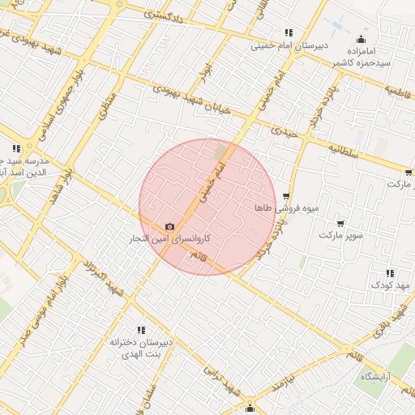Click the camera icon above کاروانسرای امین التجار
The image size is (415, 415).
(x=169, y=227)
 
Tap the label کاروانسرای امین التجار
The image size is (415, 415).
(x=169, y=239)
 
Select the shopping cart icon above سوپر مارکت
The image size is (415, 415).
(x=340, y=223)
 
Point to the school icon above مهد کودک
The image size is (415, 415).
(x=390, y=273)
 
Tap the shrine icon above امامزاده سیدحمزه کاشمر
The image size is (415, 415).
(x=361, y=39)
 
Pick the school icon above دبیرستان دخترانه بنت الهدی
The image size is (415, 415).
(x=142, y=330)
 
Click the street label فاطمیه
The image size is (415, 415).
(x=398, y=90)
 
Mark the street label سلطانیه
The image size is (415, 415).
(x=344, y=150)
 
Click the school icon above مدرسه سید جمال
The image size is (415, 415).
(x=15, y=148)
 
